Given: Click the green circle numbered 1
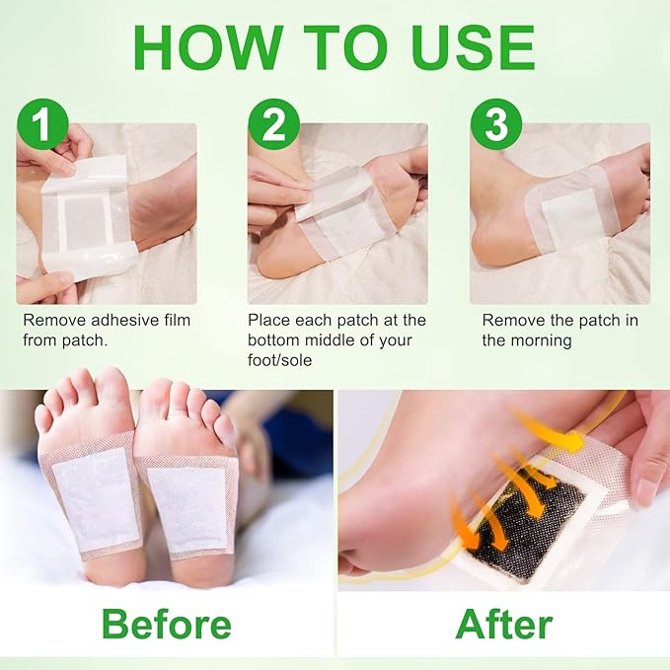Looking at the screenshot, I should tap(42, 125).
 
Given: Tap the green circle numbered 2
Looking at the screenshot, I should tap(274, 125).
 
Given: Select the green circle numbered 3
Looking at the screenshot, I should tap(496, 125).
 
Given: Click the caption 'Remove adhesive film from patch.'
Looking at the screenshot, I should tap(107, 330).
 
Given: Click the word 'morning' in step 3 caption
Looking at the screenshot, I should tap(537, 339).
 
